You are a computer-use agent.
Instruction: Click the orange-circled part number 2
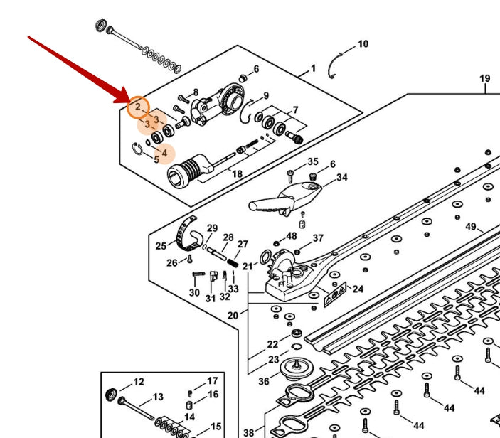point(138,107)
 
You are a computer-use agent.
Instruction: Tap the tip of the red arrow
point(129,102)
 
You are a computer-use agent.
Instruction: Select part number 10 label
point(363,44)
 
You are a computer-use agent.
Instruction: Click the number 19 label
point(484,78)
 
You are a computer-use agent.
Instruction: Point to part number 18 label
point(237,174)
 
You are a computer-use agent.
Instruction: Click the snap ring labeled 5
point(137,149)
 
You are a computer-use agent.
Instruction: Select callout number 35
point(313,161)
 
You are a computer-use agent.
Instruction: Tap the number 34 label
point(342,177)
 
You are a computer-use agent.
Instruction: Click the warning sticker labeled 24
point(335,294)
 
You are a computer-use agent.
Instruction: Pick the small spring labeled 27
point(233,264)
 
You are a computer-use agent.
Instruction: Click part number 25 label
point(161,246)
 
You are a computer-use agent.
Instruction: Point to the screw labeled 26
point(190,259)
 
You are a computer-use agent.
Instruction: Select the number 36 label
point(264,381)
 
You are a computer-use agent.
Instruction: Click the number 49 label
point(471,227)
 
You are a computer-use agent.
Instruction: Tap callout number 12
point(139,382)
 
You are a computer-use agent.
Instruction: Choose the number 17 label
point(213,381)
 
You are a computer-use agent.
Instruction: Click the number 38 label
point(249,433)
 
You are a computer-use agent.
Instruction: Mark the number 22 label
point(272,344)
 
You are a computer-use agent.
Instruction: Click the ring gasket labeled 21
point(265,257)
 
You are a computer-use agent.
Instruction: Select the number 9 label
point(266,95)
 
